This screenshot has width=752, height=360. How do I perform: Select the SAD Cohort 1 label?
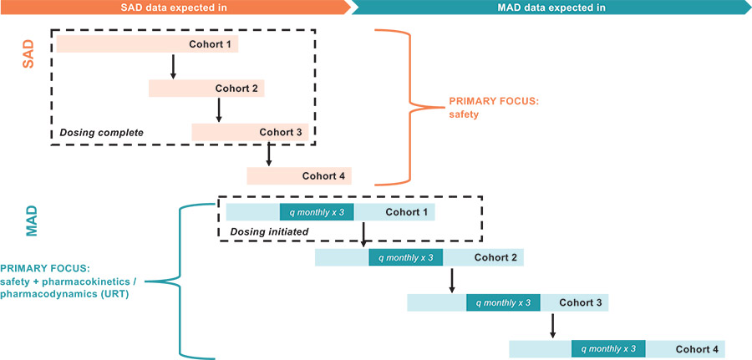(211, 44)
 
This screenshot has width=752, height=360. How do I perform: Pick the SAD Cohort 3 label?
(282, 132)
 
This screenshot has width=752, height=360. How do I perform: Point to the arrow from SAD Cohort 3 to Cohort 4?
(269, 154)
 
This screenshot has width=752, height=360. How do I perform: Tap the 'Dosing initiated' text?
(263, 231)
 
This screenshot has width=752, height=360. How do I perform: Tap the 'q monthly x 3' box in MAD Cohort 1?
(317, 212)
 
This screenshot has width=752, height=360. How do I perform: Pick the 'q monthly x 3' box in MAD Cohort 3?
(503, 302)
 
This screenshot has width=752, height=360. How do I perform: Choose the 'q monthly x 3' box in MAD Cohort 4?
(608, 348)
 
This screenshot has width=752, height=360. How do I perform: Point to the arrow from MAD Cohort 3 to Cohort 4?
(552, 325)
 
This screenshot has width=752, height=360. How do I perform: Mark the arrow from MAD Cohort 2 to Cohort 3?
(451, 280)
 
